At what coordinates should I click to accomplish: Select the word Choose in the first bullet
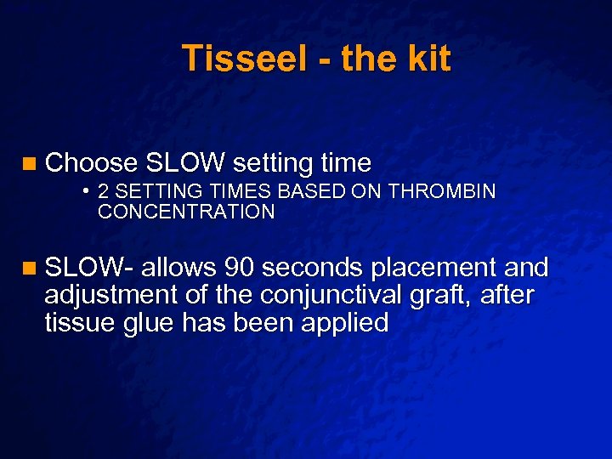click(91, 162)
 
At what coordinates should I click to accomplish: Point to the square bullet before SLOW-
click(31, 269)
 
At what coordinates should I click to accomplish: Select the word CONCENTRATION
click(186, 212)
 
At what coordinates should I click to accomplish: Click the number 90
click(241, 268)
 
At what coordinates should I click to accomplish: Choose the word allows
click(179, 268)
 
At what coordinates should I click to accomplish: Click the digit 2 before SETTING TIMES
click(104, 191)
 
